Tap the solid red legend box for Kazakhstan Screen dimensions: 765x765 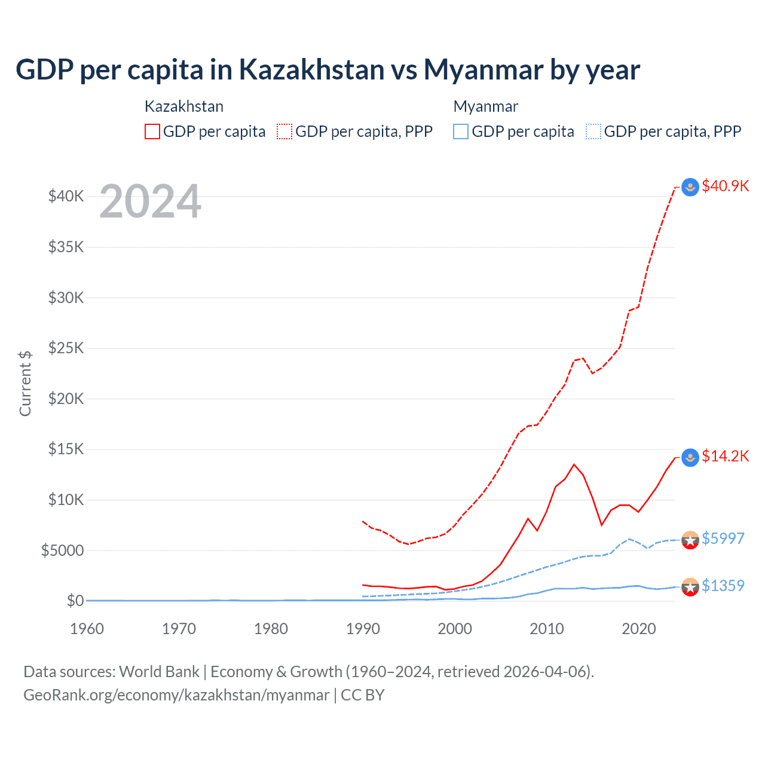click(152, 131)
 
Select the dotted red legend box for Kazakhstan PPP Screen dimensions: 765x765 click(284, 131)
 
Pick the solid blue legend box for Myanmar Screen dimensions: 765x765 click(461, 131)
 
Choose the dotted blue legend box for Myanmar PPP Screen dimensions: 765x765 click(593, 131)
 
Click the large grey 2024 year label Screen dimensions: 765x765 click(150, 202)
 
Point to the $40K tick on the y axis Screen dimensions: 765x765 click(66, 196)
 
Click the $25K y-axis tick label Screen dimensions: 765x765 click(66, 348)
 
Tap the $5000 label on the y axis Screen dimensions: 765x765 click(62, 550)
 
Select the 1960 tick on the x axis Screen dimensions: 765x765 click(87, 629)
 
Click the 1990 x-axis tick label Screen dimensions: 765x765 click(363, 629)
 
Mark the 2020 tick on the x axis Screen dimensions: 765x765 click(639, 629)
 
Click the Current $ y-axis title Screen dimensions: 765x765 click(25, 384)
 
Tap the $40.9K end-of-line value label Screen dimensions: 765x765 click(725, 186)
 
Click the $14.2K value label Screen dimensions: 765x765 click(725, 457)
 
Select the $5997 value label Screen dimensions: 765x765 click(723, 538)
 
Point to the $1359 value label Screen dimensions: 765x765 click(723, 586)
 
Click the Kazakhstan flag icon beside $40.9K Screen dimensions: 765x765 click(690, 187)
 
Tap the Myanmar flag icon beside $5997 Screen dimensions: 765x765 click(690, 540)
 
